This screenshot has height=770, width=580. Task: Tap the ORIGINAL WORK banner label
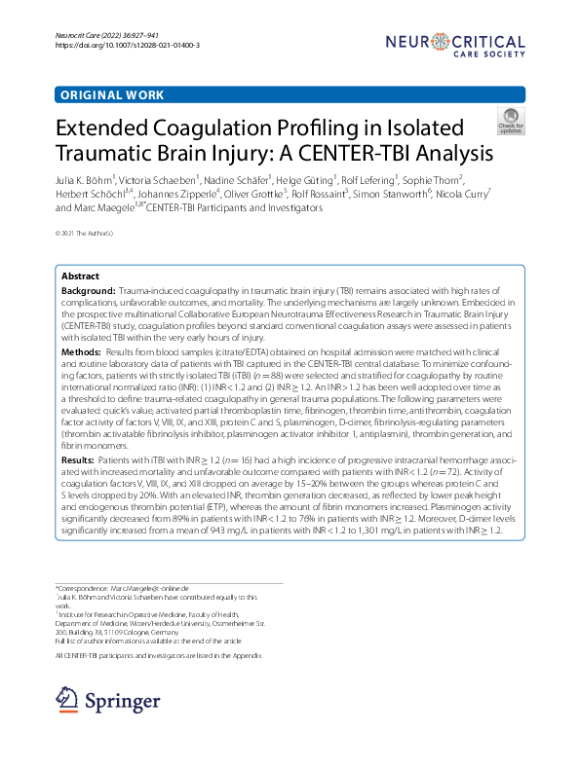pos(112,95)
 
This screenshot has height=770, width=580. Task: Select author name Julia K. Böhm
pos(85,179)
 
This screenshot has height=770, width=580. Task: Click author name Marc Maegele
pos(107,207)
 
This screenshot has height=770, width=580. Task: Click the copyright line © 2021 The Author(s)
pos(85,234)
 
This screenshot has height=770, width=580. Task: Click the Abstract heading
pos(80,276)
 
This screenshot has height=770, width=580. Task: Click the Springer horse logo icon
pos(67,700)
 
